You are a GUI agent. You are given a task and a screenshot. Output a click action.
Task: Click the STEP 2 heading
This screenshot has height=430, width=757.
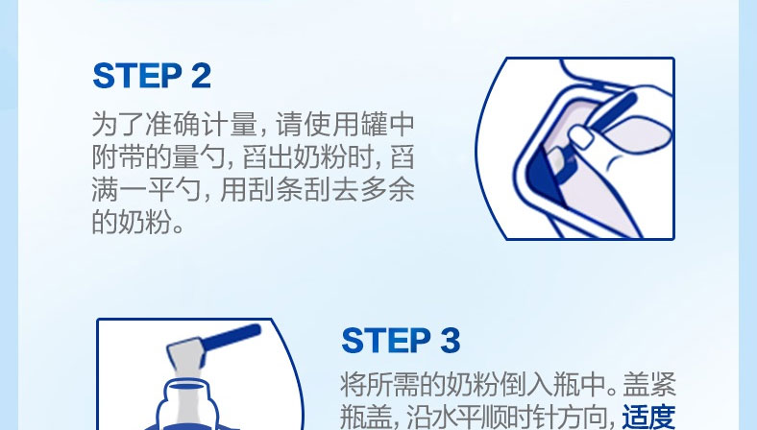tap(152, 76)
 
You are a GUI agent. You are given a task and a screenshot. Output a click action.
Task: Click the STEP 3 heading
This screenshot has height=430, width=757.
tap(401, 340)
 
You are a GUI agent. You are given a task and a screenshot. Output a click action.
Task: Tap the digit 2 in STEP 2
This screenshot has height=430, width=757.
tap(201, 76)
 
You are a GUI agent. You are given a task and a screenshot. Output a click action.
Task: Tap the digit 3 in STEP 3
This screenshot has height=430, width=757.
tap(450, 340)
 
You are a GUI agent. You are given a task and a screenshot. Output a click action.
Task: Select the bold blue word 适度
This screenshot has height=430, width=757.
tap(648, 417)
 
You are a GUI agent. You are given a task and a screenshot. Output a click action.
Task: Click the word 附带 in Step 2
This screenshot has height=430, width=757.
tap(119, 156)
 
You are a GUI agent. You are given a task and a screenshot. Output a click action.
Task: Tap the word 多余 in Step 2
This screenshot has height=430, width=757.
tap(388, 189)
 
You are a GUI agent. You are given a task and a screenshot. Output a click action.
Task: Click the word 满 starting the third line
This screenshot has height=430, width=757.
tap(106, 189)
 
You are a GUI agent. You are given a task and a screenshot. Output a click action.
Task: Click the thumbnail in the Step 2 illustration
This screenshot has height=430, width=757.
tap(581, 136)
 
